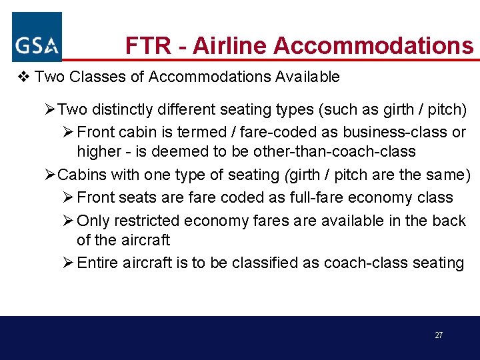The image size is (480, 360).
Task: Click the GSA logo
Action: pos(37,37)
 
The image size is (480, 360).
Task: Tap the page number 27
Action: pos(438,335)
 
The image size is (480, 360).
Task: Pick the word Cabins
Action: pos(81,175)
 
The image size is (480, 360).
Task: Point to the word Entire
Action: pos(97,263)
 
